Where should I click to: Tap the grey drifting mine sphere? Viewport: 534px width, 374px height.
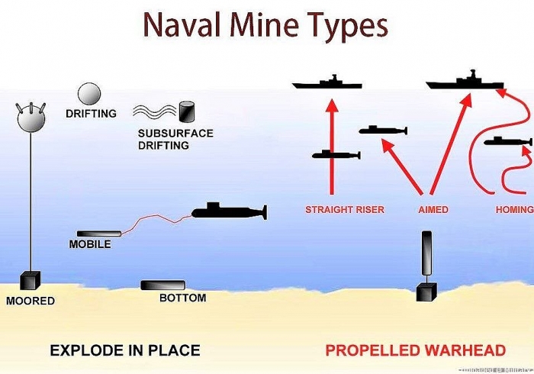point(88,94)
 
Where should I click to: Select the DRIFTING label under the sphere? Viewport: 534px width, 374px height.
point(91,114)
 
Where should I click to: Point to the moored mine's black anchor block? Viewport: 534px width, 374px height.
point(31,281)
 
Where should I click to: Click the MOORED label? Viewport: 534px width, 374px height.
point(31,301)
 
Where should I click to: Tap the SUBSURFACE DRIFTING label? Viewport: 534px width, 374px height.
point(175,139)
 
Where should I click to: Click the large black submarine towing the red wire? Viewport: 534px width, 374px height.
point(227,210)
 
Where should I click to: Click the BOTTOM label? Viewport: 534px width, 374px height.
point(182,298)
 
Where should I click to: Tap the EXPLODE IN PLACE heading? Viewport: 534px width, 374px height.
point(125,351)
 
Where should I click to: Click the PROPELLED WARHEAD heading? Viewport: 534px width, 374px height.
point(416,351)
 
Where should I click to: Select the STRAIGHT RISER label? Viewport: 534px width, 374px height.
point(345,209)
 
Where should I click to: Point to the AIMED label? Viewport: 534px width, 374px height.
point(433,209)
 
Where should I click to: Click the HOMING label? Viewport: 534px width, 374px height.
point(513,209)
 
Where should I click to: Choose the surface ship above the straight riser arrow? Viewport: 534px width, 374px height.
point(327,82)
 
